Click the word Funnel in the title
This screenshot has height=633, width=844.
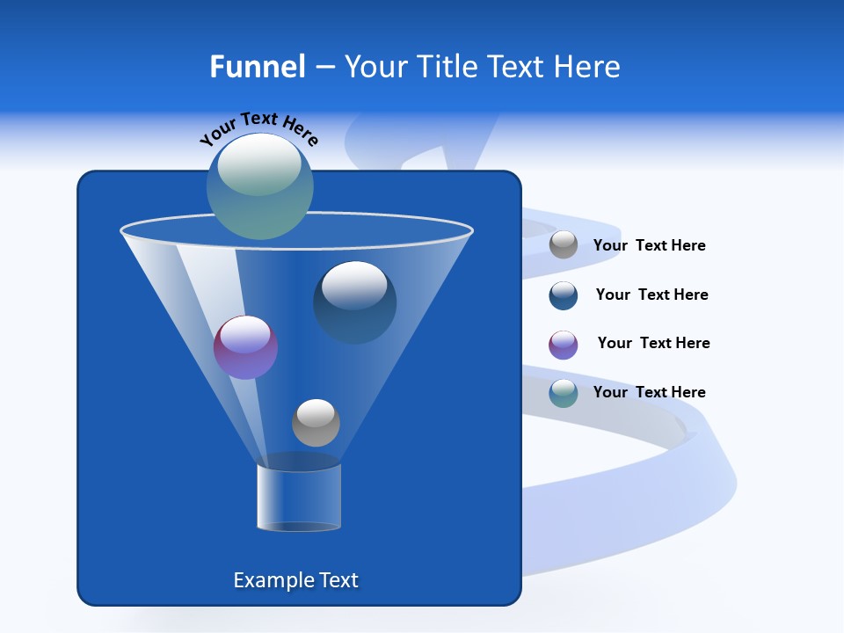click(x=257, y=67)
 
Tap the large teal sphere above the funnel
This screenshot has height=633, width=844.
click(x=259, y=186)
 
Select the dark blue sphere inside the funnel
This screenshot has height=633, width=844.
click(x=354, y=302)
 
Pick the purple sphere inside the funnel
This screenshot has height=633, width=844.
click(x=245, y=347)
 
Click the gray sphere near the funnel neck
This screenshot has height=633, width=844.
click(x=316, y=423)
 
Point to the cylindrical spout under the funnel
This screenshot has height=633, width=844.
click(x=299, y=498)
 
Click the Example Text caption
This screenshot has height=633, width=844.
click(x=295, y=580)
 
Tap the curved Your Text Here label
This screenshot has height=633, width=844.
click(x=258, y=128)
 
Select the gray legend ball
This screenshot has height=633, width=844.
click(x=564, y=245)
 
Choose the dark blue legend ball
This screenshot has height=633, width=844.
click(x=564, y=295)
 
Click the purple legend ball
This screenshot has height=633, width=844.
click(x=564, y=344)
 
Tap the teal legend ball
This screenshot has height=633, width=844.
click(x=564, y=393)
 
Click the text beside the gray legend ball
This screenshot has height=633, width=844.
click(x=649, y=245)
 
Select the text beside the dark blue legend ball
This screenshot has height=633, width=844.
click(x=651, y=295)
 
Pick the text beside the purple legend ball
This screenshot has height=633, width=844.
click(x=653, y=343)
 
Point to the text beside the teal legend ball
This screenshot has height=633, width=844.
click(x=649, y=392)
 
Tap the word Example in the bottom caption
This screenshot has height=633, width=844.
click(x=268, y=580)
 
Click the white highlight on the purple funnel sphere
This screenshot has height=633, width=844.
click(x=245, y=334)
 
